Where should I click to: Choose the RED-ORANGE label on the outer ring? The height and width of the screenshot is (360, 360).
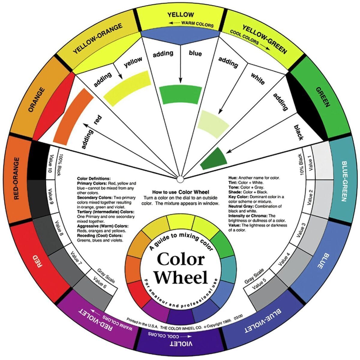(16, 178)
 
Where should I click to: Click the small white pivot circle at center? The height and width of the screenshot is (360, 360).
(180, 179)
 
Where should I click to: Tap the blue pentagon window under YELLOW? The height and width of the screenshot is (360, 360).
(180, 38)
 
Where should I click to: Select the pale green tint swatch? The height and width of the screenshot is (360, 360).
(213, 124)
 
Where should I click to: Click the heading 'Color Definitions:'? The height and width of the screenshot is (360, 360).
(94, 178)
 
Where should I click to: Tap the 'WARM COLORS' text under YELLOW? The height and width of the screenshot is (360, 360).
(197, 24)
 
